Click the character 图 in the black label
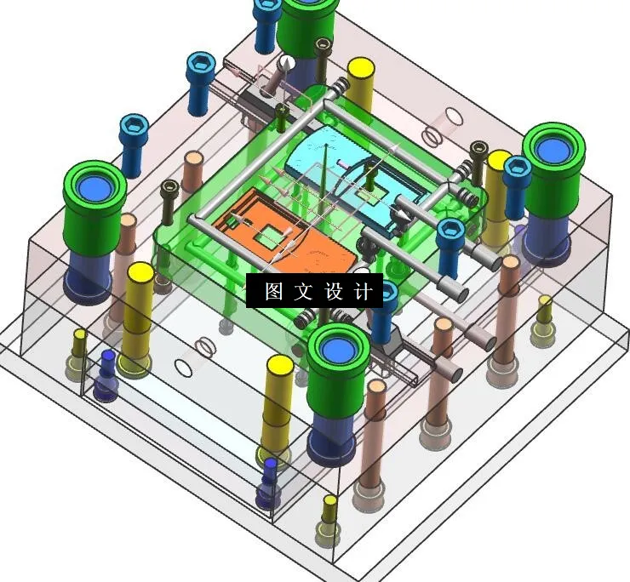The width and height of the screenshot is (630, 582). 273,292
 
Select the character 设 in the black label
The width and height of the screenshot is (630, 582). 333,292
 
